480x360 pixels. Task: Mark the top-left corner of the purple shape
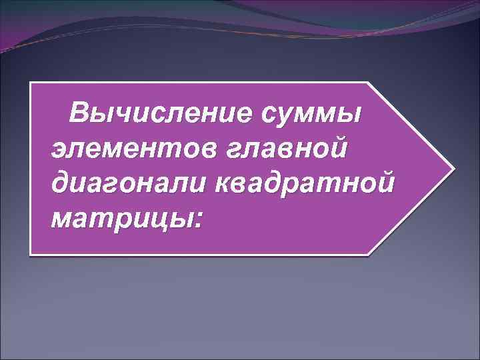click(x=32, y=83)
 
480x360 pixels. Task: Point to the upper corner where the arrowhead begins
click(x=368, y=83)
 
